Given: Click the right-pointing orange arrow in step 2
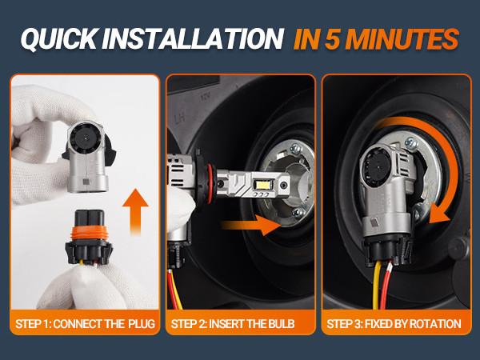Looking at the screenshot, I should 256,226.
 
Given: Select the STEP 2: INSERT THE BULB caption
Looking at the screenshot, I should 239,324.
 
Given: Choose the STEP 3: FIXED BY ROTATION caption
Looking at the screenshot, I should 397,324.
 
